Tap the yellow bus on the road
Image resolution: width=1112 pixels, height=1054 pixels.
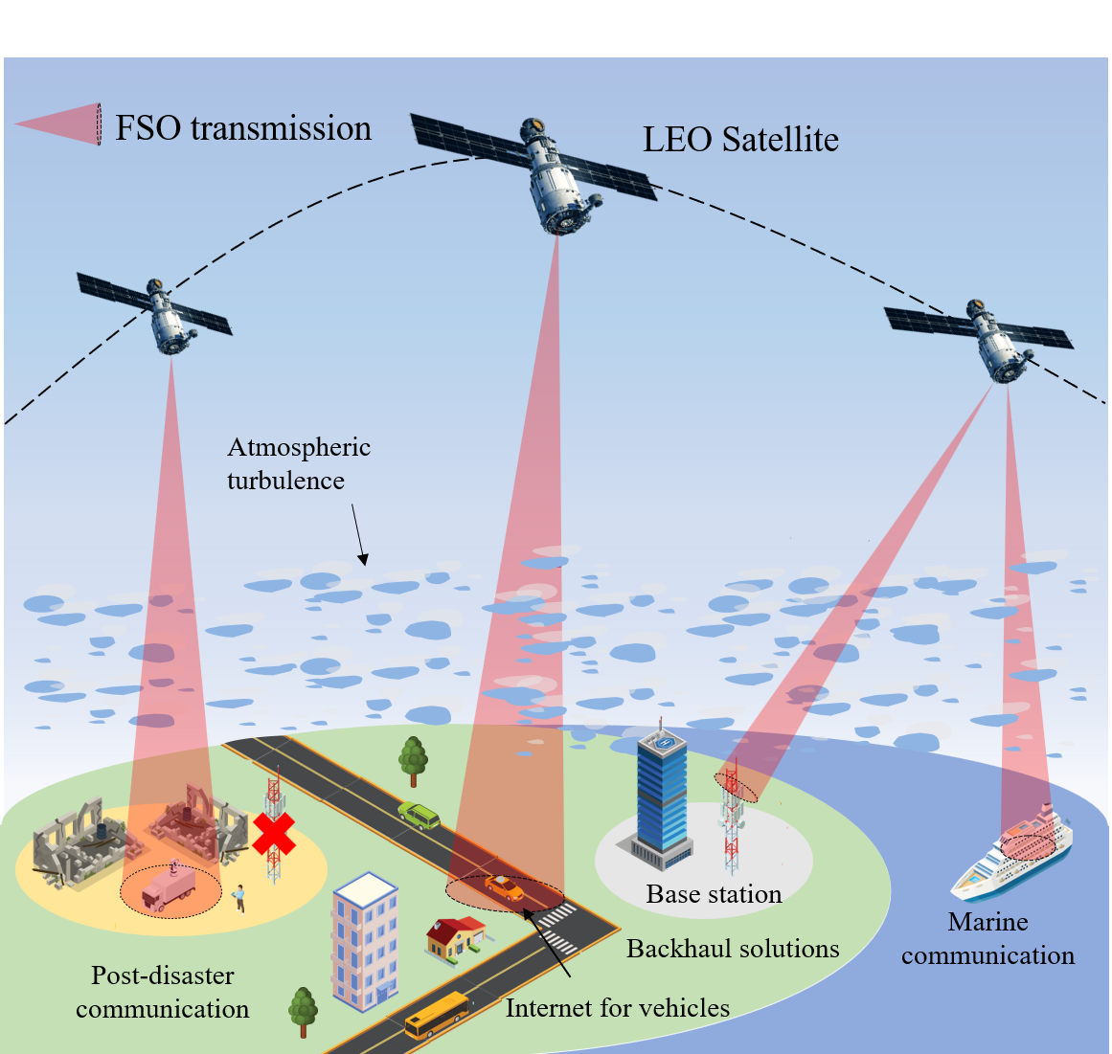coord(437,1015)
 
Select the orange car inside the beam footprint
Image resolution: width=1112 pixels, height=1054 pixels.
coord(504,888)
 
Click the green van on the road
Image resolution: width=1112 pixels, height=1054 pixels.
coord(419,815)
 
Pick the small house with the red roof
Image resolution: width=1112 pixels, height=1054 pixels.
coord(455,937)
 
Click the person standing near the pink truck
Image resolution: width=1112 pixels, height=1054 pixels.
coord(239,898)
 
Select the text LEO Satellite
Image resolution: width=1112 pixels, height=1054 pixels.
coord(740,140)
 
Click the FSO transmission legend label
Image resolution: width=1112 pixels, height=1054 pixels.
coord(243,128)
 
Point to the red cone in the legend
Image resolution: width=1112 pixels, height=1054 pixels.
coord(59,124)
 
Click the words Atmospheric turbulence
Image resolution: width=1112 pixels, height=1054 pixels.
coord(298,464)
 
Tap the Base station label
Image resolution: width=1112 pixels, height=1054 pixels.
coord(714,894)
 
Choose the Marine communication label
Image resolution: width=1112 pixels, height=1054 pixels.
coord(987,939)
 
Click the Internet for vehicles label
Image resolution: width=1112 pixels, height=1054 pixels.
coord(617,1008)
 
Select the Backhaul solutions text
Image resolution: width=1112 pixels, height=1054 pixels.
coord(733,949)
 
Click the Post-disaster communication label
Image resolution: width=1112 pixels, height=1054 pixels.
coord(163,992)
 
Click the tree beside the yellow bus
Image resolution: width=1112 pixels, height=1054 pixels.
coord(303,1010)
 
